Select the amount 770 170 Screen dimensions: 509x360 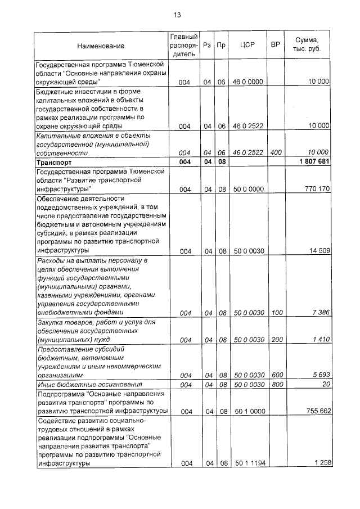pos(316,190)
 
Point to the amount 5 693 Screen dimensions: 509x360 pos(319,375)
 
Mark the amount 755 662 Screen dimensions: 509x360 pos(316,412)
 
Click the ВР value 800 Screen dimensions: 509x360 pos(276,385)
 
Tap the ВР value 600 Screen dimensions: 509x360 pos(276,375)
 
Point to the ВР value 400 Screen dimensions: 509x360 pos(276,152)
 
